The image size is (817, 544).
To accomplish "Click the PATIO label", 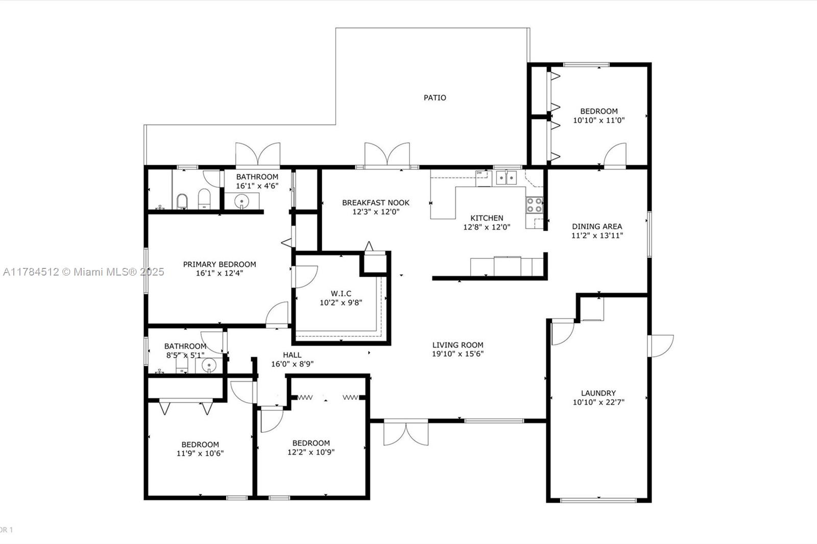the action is [x=435, y=97].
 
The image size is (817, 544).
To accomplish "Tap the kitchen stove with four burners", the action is [x=534, y=205].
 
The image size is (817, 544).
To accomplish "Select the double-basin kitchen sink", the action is [x=506, y=178].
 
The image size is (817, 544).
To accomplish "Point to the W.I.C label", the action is [x=341, y=293].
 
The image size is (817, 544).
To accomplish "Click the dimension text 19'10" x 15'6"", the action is [x=458, y=354].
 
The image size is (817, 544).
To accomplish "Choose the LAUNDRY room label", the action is [x=598, y=393].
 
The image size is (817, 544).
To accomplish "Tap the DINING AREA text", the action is [x=597, y=227].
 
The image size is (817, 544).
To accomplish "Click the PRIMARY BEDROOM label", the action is [x=220, y=264].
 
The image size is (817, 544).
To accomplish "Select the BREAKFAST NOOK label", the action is [x=376, y=203].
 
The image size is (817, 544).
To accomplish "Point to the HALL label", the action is [x=292, y=355].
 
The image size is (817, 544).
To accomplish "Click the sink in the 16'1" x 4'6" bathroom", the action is [x=242, y=201].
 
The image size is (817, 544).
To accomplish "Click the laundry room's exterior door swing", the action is [x=661, y=346].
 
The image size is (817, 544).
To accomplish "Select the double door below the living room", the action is [x=406, y=433].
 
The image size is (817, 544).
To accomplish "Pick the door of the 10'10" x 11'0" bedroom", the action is [x=615, y=155].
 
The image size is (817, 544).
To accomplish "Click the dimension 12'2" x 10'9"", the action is [x=311, y=453].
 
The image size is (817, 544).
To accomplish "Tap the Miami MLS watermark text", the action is [x=84, y=272].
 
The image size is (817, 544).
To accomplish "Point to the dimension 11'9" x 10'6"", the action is [x=200, y=454].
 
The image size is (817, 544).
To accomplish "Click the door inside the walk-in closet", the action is [x=306, y=277].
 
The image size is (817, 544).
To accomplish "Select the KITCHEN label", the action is [x=487, y=218].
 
